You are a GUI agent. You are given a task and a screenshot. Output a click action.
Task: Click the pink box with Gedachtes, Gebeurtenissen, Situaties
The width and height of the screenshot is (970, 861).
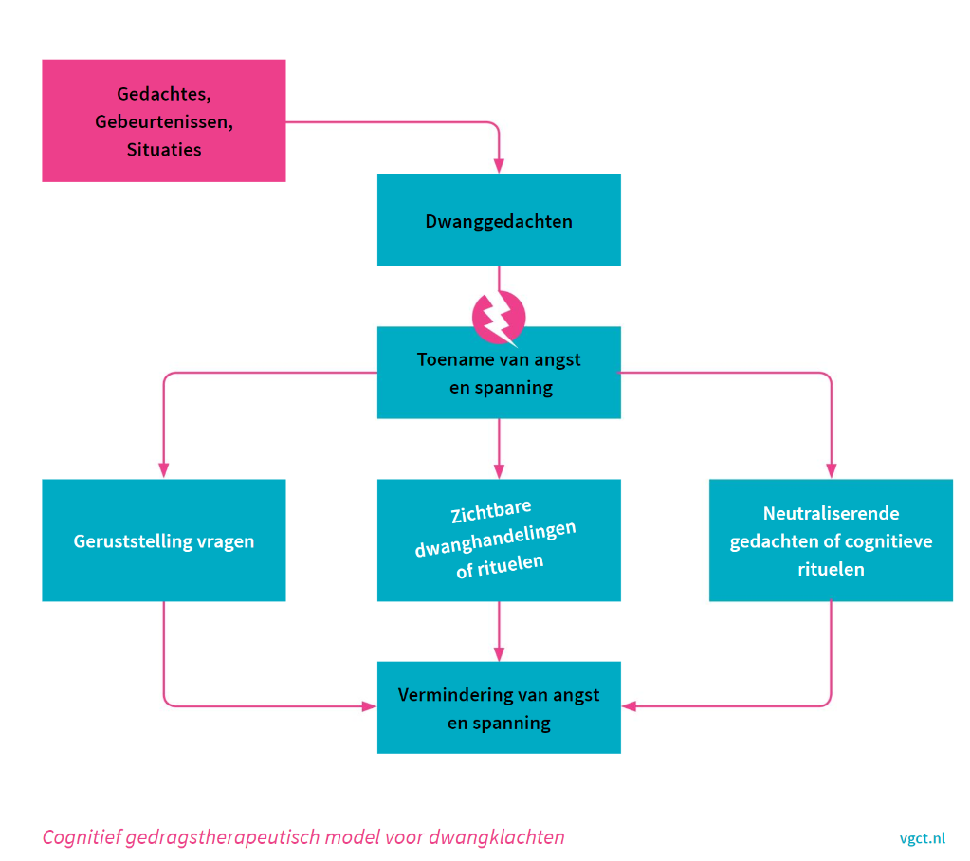click(x=163, y=120)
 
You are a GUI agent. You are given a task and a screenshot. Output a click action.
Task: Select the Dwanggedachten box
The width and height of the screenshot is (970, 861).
click(x=499, y=220)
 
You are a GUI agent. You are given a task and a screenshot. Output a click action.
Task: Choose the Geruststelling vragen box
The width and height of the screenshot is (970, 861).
click(x=163, y=540)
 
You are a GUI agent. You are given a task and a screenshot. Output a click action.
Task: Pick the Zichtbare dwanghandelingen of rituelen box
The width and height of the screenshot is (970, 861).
click(x=499, y=540)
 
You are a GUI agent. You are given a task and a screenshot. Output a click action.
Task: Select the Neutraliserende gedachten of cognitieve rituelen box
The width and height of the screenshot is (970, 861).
click(x=831, y=540)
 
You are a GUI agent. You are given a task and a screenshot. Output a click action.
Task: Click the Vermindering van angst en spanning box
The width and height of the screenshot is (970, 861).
click(x=499, y=708)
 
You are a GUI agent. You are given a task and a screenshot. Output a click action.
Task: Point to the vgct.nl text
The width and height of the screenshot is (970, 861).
click(x=922, y=838)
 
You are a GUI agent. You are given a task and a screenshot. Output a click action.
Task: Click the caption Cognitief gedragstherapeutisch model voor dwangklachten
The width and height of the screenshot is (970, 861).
click(x=303, y=837)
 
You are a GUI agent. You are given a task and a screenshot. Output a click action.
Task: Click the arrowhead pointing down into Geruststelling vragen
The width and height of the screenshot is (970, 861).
click(x=163, y=471)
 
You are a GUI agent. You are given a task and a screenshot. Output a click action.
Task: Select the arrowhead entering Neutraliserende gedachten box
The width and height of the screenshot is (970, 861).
click(x=831, y=471)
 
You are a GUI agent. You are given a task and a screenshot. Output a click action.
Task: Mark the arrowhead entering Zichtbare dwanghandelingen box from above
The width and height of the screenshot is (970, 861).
click(x=499, y=471)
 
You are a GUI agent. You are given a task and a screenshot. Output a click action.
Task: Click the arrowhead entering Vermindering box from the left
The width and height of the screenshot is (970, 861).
click(x=370, y=706)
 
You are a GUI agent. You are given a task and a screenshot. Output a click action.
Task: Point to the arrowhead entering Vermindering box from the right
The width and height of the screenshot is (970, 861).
click(x=629, y=706)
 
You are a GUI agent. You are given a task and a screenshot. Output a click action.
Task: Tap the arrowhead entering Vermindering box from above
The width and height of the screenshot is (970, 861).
click(x=499, y=654)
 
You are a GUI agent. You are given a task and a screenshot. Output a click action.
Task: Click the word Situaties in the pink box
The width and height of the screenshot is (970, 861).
click(x=163, y=150)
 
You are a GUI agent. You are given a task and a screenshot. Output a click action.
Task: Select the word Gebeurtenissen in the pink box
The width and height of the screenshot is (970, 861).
click(x=163, y=121)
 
